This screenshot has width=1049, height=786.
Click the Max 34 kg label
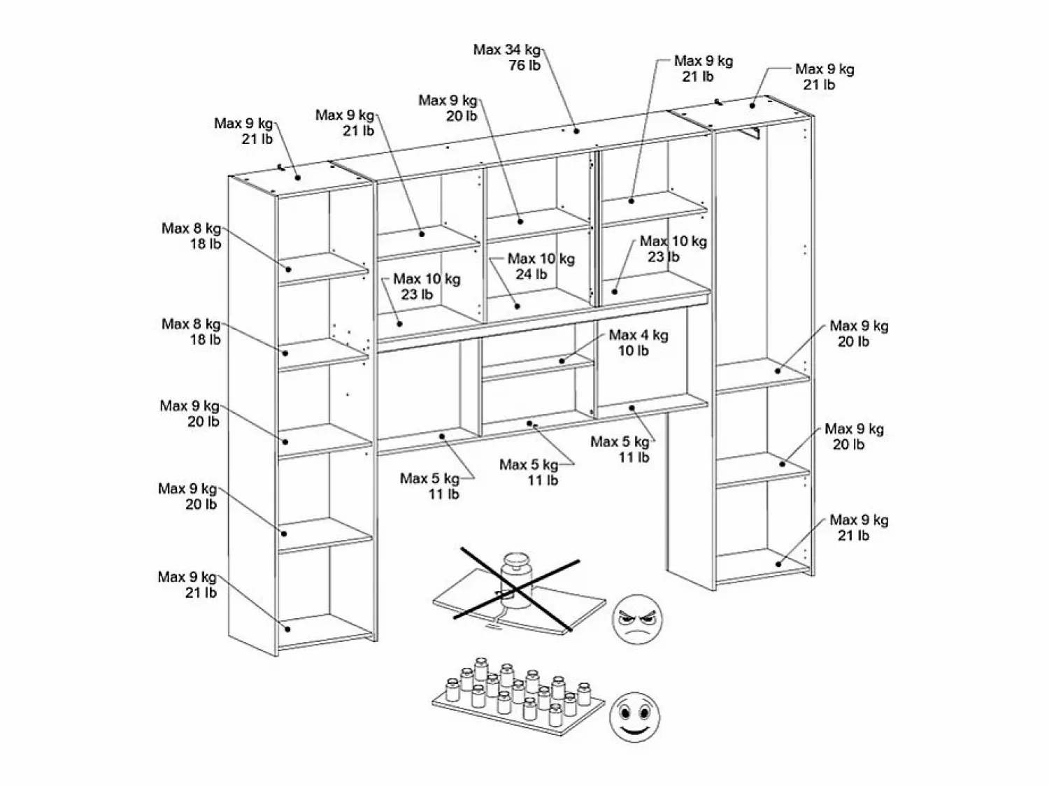pyautogui.click(x=507, y=50)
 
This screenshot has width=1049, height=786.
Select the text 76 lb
pyautogui.click(x=524, y=66)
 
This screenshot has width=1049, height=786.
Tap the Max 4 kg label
pyautogui.click(x=638, y=335)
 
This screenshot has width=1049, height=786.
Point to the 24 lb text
pyautogui.click(x=531, y=274)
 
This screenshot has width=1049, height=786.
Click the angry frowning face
pyautogui.click(x=637, y=618)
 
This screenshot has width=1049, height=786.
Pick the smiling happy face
pyautogui.click(x=634, y=717)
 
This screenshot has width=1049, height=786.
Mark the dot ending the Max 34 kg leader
pyautogui.click(x=576, y=131)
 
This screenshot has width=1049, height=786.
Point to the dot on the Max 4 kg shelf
pyautogui.click(x=562, y=361)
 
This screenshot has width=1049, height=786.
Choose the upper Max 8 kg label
pyautogui.click(x=191, y=229)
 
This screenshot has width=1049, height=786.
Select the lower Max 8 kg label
pyautogui.click(x=191, y=324)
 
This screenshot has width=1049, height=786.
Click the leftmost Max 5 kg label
pyautogui.click(x=429, y=478)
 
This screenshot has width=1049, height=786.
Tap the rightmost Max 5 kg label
pyautogui.click(x=620, y=441)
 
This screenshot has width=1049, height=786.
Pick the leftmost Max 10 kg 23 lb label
pyautogui.click(x=427, y=286)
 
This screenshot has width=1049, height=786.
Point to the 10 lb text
pyautogui.click(x=633, y=351)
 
